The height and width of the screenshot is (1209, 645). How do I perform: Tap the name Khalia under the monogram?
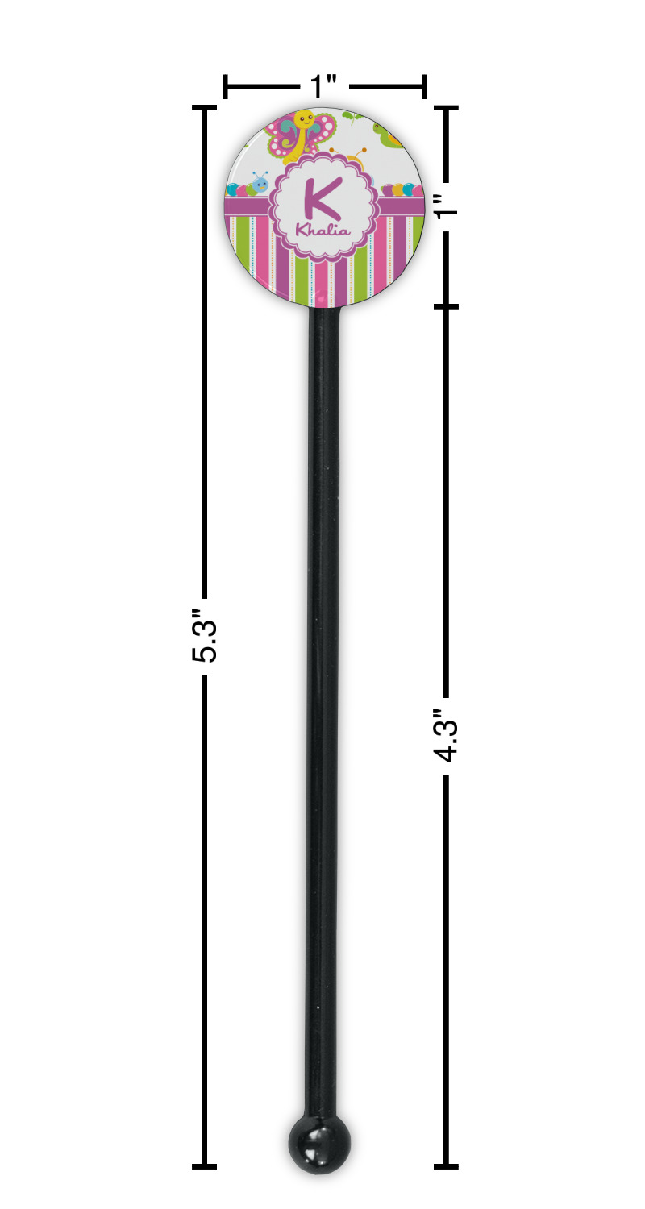pyautogui.click(x=322, y=231)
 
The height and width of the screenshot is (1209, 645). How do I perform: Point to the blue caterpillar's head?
pyautogui.click(x=260, y=184)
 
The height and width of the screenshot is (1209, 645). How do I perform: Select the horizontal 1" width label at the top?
pyautogui.click(x=324, y=86)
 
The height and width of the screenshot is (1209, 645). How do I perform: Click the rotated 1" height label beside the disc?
pyautogui.click(x=447, y=205)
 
